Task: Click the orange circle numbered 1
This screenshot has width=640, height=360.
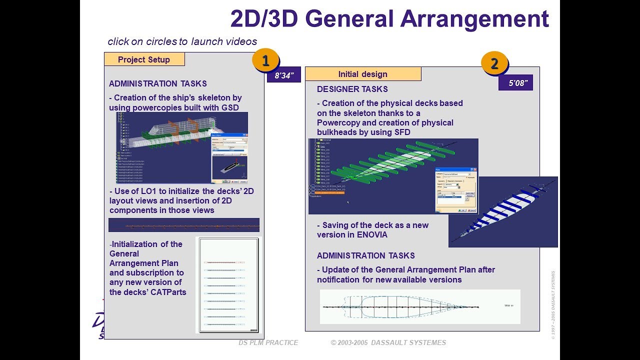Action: (265, 61)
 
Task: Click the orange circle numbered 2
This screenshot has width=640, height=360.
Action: (494, 63)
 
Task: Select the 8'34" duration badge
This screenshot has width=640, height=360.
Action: (284, 76)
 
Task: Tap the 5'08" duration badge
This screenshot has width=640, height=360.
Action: (515, 83)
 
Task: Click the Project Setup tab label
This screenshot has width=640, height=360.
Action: (144, 59)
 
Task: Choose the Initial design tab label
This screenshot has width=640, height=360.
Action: (362, 74)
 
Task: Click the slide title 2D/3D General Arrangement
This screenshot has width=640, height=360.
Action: (389, 18)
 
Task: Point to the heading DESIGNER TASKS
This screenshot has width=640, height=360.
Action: (352, 89)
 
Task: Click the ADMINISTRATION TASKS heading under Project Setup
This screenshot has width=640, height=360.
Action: (157, 83)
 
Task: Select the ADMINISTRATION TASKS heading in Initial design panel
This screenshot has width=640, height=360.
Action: (365, 255)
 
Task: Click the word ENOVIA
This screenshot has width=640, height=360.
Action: (369, 234)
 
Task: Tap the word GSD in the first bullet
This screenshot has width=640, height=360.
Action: (229, 107)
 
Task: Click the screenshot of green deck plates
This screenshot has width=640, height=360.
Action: (393, 176)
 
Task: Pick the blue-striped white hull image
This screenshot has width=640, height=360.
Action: (503, 211)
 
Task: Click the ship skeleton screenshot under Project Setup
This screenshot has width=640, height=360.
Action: (182, 147)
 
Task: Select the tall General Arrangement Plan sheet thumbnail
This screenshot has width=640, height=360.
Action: (228, 285)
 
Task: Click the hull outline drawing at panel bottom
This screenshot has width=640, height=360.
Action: (420, 306)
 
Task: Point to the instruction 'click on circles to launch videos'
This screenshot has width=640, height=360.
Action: (182, 41)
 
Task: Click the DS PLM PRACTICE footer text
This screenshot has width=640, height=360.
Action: (268, 342)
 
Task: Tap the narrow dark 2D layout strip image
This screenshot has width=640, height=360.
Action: (183, 225)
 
